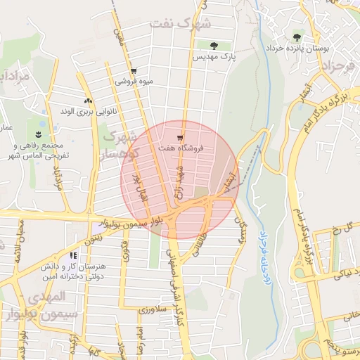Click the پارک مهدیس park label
point(214,55)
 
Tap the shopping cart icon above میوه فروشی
point(134,71)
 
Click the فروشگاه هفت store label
point(181,149)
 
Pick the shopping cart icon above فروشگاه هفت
point(181,138)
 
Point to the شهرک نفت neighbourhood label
point(185,24)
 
